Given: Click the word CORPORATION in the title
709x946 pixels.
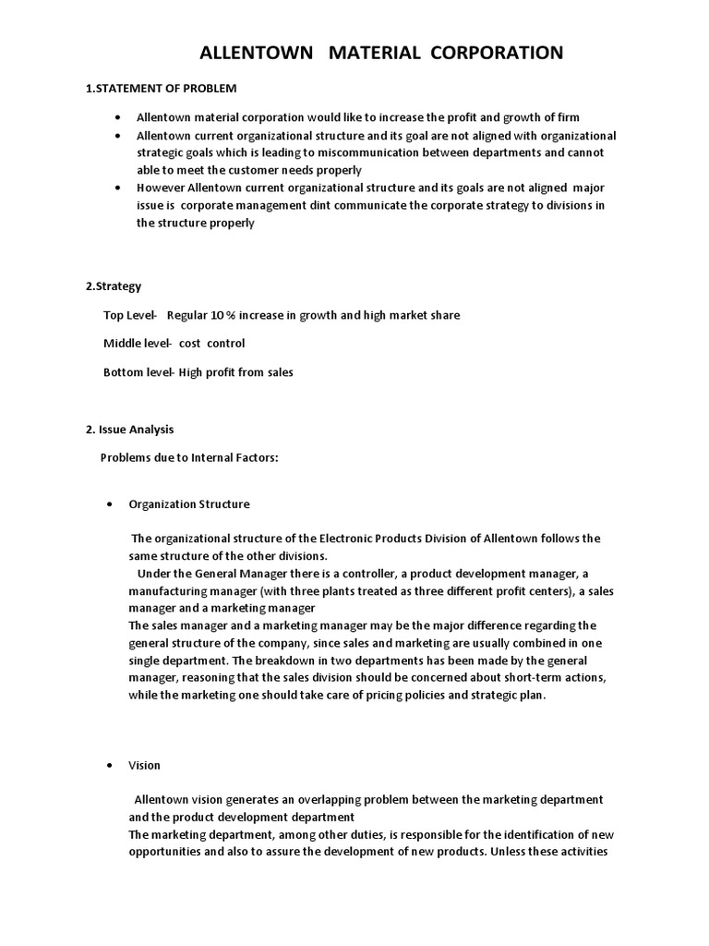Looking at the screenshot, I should (x=490, y=54).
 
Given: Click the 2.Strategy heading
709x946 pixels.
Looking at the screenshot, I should (x=114, y=286).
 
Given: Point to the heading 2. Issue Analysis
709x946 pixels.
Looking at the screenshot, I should (x=129, y=430).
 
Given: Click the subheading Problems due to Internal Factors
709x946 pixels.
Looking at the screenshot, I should (x=188, y=458).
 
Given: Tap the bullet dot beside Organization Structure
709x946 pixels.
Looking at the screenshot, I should (x=109, y=504).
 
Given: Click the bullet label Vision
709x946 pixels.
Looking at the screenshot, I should (x=144, y=765).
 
